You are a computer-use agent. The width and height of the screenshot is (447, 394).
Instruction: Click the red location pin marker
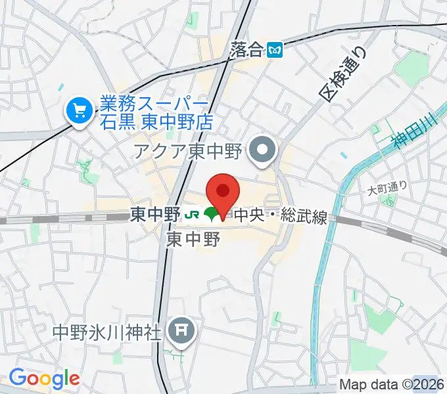(x=223, y=192)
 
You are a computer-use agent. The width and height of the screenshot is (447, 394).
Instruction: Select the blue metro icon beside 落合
(x=277, y=50)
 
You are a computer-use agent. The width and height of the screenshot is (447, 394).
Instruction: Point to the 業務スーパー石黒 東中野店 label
(x=154, y=113)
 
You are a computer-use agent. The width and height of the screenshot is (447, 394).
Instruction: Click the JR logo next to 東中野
(x=191, y=214)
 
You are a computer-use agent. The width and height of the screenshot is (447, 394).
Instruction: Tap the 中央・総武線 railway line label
(x=281, y=215)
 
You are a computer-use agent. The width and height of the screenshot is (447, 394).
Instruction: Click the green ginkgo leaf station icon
(x=211, y=214)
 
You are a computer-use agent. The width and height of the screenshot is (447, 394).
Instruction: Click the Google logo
(x=44, y=379)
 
